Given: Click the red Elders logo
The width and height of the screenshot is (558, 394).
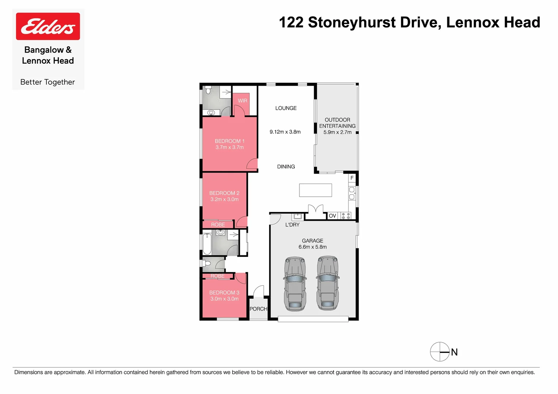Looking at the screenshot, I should coord(48,26).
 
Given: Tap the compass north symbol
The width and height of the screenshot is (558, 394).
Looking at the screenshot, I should coord(440,352).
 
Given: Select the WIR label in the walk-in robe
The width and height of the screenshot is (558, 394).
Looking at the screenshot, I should coord(242,101).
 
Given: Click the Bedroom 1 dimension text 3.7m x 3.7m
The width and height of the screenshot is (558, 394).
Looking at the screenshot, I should coord(229,147).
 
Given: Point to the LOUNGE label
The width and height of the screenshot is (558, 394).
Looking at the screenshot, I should coord(286,108).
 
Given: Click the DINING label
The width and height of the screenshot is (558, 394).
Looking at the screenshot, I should coord(286,167).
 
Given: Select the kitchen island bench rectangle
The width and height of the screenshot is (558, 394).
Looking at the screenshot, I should coord(316,190).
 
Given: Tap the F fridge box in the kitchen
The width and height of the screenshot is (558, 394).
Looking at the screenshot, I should coord(352,178).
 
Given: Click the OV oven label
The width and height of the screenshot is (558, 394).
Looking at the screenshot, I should coord(332,216).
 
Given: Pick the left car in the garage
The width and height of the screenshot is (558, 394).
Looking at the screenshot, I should coord(295,283).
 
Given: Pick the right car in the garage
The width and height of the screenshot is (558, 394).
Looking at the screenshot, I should coord(328,283).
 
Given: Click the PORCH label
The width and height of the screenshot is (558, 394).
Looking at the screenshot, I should coord(258,309).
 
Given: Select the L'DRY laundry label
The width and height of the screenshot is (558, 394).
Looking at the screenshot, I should coord(292,225).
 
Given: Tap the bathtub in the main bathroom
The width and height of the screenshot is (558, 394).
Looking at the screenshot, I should coord(207,244).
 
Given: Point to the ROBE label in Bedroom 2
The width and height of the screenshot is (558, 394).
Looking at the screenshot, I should coord(218,225).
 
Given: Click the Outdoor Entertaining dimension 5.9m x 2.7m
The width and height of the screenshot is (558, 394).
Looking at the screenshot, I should coord(337,132).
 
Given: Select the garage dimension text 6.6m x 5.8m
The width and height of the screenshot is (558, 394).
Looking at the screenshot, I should coord(313,247).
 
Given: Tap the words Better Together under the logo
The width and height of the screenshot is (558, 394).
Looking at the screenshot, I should coord(47,82).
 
